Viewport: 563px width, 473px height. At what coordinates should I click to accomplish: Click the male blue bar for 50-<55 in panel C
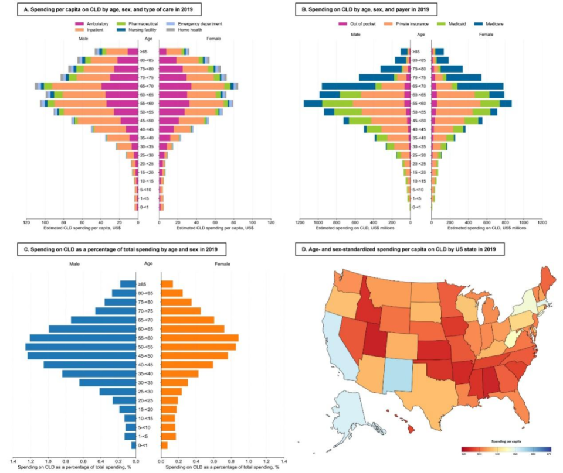[81, 347]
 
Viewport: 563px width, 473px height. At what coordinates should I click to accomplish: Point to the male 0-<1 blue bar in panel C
[134, 445]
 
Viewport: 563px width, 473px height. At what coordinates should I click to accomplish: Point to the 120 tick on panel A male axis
[26, 222]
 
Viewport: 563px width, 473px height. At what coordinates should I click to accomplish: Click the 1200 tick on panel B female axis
[542, 222]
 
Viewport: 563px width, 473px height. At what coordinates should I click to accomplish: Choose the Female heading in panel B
[486, 35]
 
